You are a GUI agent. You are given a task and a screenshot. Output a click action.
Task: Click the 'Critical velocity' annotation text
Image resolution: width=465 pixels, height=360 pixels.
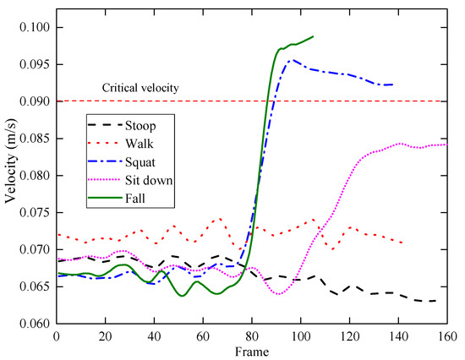click(x=140, y=88)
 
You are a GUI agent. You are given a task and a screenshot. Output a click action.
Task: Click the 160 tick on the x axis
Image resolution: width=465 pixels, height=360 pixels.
click(x=447, y=336)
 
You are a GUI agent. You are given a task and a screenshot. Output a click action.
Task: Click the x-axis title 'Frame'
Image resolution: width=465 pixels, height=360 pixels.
click(x=251, y=351)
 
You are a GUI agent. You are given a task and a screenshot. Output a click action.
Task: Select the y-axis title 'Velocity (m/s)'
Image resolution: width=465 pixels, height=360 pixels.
click(x=9, y=175)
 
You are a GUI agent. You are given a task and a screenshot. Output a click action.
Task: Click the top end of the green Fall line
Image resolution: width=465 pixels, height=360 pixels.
click(x=313, y=36)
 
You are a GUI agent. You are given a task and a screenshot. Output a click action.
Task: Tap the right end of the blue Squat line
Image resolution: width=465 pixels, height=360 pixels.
click(x=392, y=85)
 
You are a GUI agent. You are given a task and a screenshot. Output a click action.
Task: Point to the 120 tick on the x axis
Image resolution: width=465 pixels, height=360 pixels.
click(x=349, y=336)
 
